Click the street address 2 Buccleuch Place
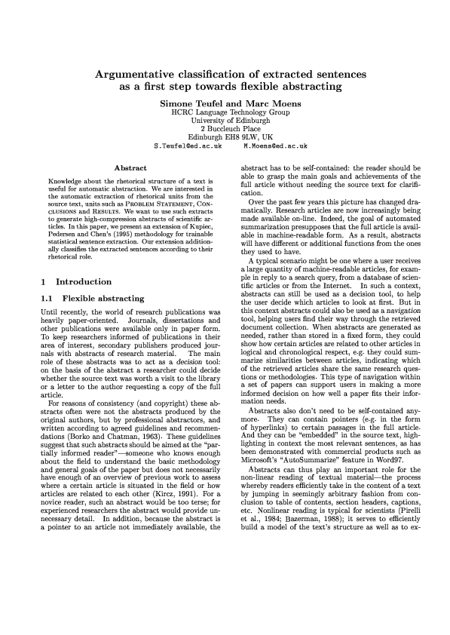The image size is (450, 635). [225, 128]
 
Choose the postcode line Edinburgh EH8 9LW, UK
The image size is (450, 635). [225, 137]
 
